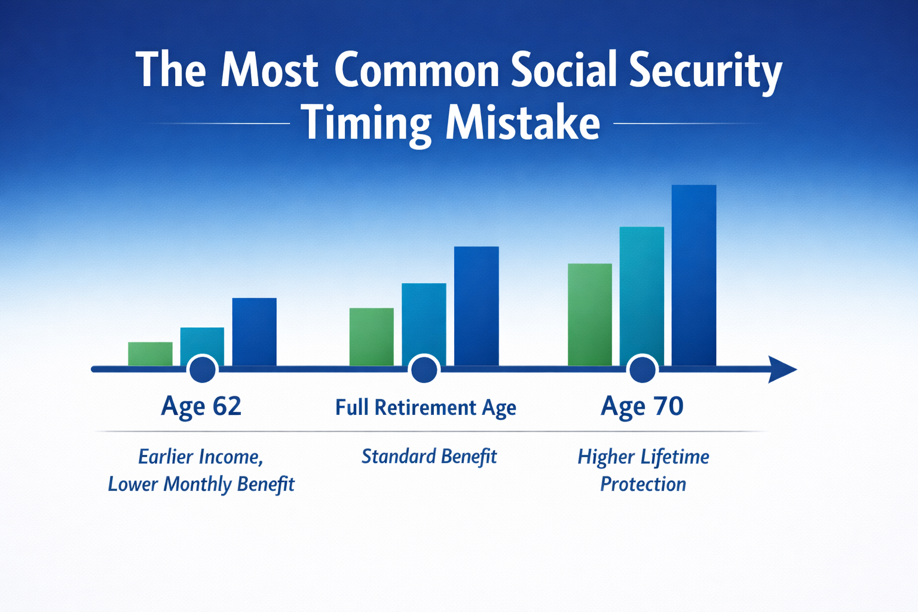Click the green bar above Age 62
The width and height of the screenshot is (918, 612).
150,353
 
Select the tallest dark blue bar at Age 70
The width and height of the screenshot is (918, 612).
694,275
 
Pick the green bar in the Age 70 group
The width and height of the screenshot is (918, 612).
590,314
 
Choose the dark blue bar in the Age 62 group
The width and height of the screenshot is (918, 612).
254,331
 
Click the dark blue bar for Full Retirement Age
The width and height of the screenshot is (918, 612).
476,305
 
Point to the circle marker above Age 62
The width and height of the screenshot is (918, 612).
203,370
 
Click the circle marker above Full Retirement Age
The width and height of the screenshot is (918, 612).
424,370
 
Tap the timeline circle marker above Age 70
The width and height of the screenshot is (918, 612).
642,370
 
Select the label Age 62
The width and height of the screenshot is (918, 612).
201,406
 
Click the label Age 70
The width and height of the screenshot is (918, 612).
642,406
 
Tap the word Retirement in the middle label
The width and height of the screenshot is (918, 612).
425,408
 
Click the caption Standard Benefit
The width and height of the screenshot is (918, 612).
429,457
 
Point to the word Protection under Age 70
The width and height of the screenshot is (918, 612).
643,484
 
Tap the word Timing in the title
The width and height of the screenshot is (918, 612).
367,124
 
